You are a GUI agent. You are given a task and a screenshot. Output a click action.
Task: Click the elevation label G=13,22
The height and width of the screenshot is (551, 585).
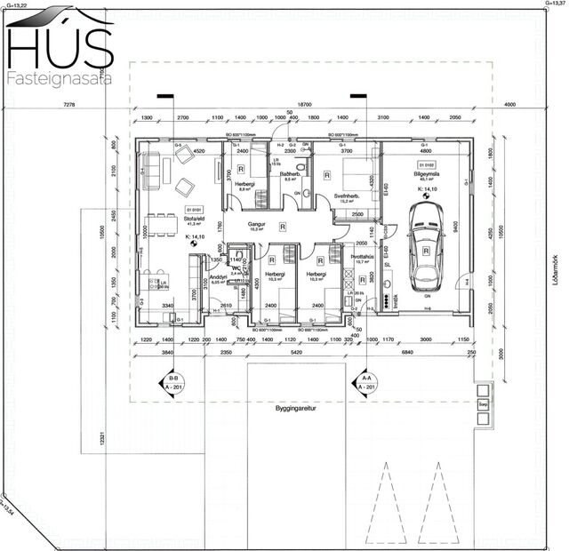pos(13,4)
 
